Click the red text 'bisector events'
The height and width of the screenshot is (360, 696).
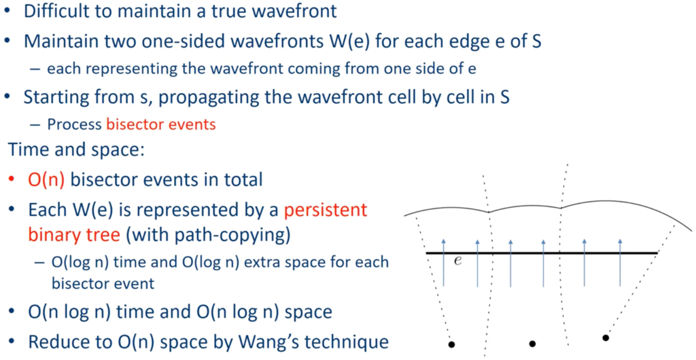(x=160, y=124)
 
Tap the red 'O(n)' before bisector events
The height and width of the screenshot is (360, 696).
(x=46, y=179)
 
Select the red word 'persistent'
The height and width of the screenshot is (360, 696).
(x=326, y=210)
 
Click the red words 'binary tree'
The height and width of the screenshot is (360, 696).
(x=74, y=235)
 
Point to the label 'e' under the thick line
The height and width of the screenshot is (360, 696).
(x=457, y=261)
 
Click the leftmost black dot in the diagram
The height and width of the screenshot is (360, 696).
(x=451, y=344)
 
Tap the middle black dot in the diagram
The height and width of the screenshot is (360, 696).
(x=533, y=344)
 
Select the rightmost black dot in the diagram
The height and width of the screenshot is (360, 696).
(x=606, y=338)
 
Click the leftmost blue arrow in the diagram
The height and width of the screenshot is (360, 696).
(x=443, y=262)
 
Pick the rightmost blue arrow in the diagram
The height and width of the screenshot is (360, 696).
(x=620, y=262)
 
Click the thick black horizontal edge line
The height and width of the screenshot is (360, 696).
(x=542, y=253)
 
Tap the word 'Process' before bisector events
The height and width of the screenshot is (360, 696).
(x=74, y=124)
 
